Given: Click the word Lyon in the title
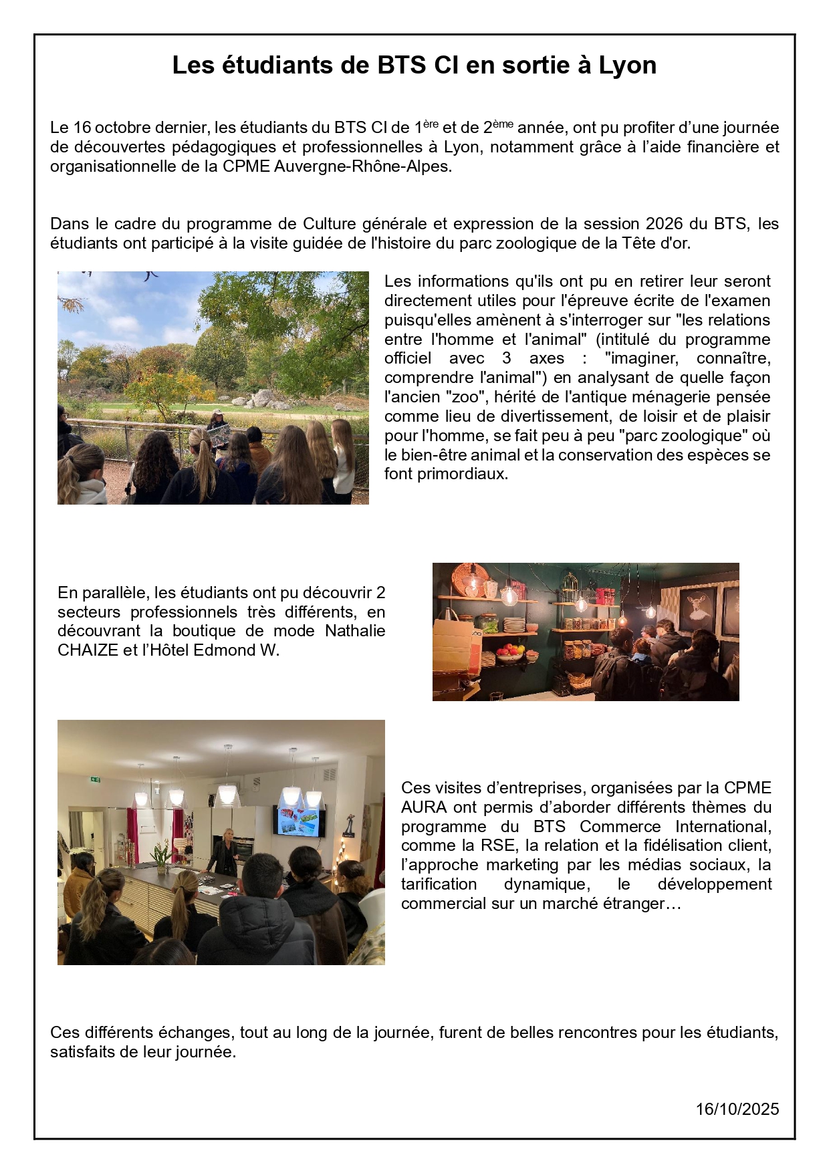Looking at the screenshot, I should (627, 66).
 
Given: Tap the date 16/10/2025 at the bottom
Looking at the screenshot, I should (737, 1110).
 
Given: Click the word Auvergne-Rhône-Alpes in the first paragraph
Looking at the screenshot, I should (362, 166).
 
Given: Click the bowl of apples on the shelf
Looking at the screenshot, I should (509, 652).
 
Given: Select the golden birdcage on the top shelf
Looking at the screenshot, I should (570, 588).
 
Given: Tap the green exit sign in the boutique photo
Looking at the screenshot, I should (95, 779).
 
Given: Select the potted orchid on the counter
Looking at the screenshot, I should (160, 857).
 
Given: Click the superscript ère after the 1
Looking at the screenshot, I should (431, 124).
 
